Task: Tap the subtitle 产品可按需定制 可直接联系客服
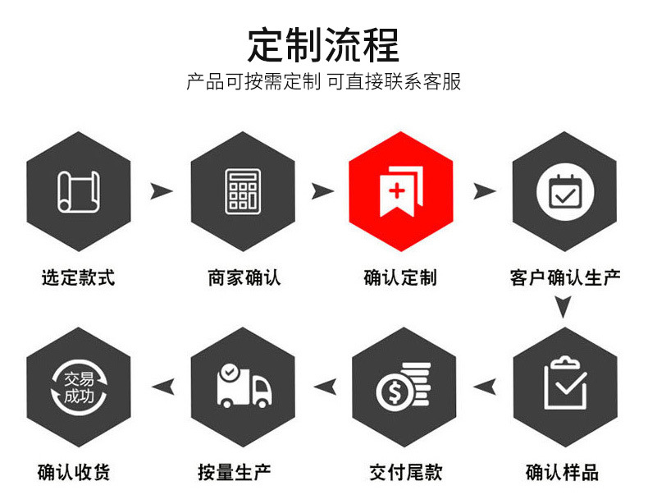click(323, 82)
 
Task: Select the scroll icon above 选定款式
click(79, 191)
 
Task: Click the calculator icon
click(243, 191)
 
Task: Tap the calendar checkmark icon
click(564, 191)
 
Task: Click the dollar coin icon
click(403, 387)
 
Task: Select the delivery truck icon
click(243, 385)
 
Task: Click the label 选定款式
click(79, 277)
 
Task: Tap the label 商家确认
click(244, 277)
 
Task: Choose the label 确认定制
click(400, 277)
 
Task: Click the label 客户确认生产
click(564, 277)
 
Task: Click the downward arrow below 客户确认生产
click(562, 308)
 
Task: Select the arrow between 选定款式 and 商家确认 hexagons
click(162, 191)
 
